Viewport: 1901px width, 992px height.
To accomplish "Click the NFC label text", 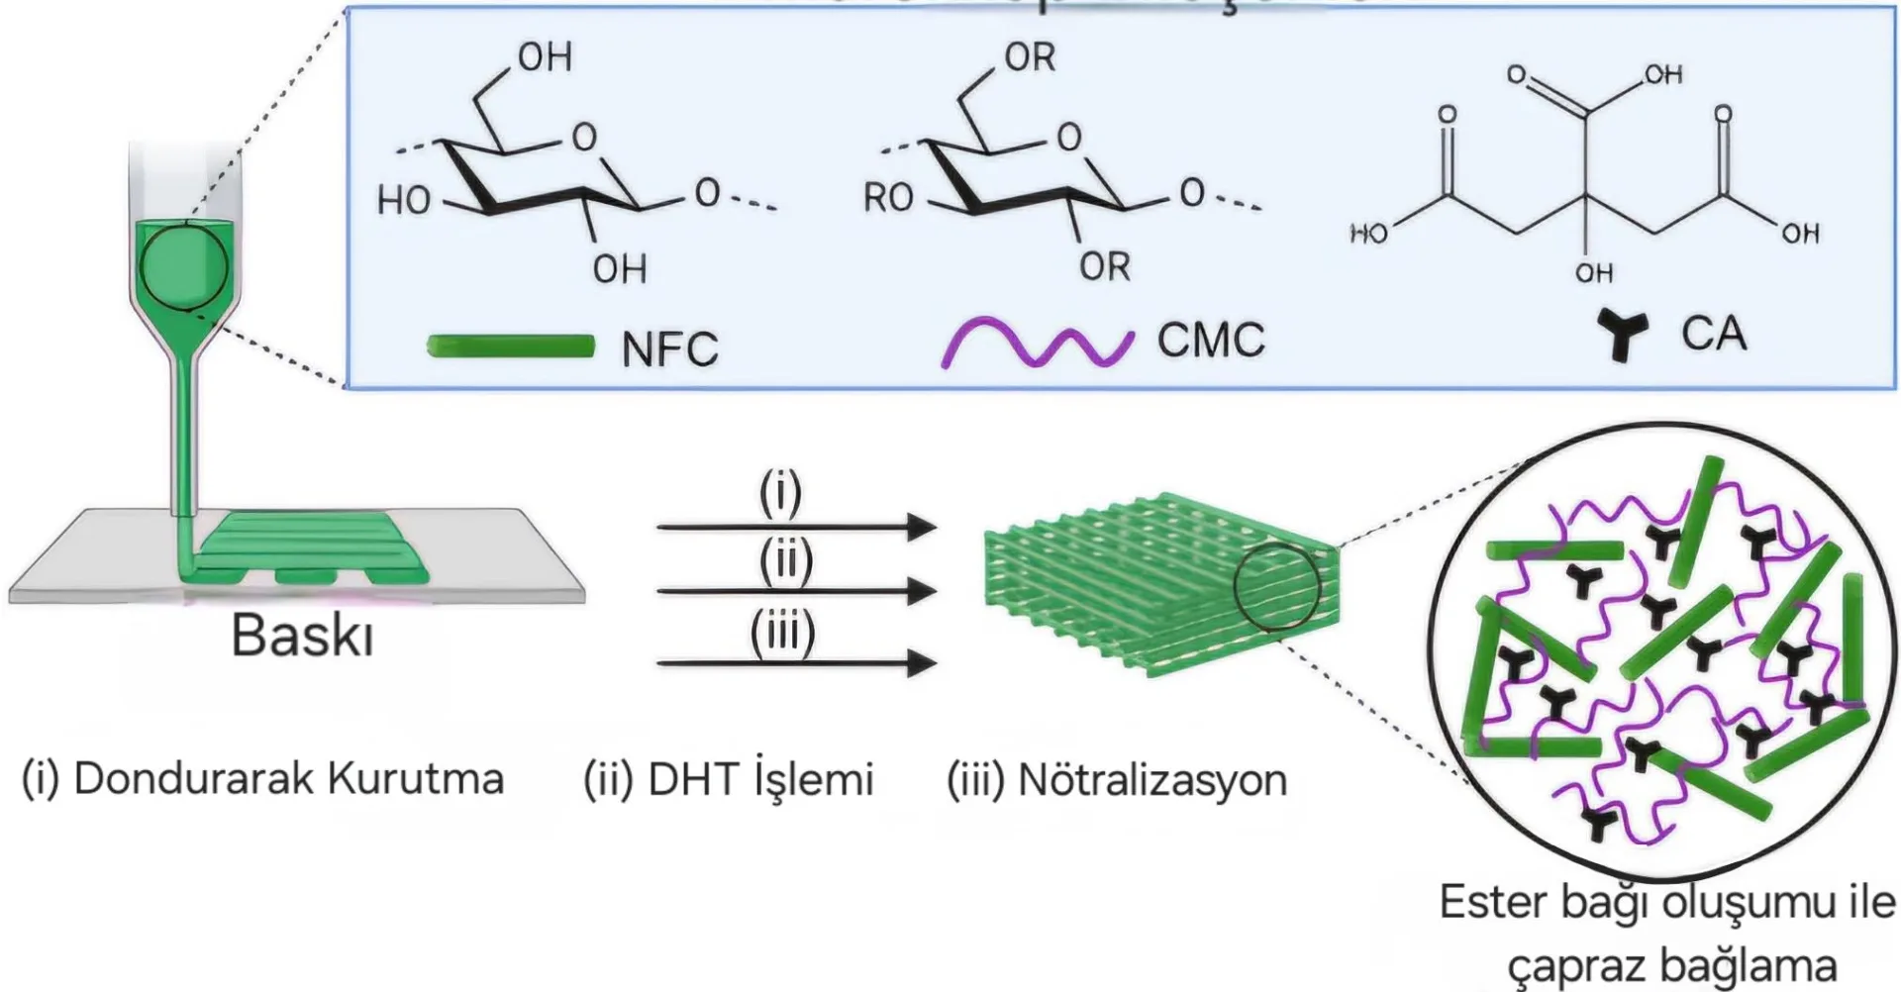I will click(x=669, y=348).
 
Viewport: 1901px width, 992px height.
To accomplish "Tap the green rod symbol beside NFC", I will click(x=511, y=347).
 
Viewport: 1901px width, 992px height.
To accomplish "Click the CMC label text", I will click(x=1211, y=341).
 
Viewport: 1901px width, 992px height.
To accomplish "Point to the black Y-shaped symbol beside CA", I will click(x=1621, y=335).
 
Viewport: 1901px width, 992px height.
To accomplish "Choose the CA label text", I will click(x=1714, y=334).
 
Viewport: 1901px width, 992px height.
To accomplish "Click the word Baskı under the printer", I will click(x=302, y=636).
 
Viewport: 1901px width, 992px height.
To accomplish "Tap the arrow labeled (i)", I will click(x=796, y=527).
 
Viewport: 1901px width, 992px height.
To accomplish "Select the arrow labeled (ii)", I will click(x=796, y=592).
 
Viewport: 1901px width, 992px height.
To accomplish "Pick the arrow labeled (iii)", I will click(x=796, y=662).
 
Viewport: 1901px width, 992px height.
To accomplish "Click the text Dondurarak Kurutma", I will click(x=288, y=779).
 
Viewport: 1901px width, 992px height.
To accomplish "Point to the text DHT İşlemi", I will click(x=760, y=779).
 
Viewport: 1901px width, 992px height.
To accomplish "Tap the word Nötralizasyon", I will click(x=1152, y=780).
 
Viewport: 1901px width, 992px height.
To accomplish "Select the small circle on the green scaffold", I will click(x=1276, y=586).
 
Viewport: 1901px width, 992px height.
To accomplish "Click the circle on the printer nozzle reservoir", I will click(x=184, y=267).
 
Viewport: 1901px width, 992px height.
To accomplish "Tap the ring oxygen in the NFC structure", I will click(x=585, y=137).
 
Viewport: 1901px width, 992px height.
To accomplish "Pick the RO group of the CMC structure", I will click(x=888, y=199).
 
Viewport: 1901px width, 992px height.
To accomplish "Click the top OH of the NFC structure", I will click(x=546, y=57).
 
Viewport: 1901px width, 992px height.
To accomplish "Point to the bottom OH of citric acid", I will click(x=1594, y=272).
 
